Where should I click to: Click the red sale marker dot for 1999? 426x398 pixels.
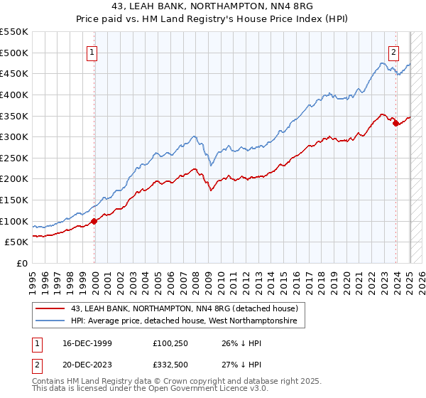[94, 221]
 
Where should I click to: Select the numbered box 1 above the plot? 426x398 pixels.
[92, 51]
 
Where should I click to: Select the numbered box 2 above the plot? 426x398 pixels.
[393, 51]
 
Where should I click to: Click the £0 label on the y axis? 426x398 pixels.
[23, 264]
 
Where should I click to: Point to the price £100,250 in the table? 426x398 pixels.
[171, 344]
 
